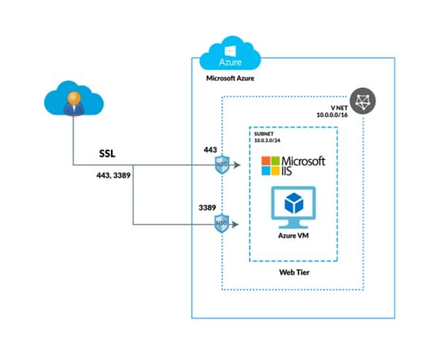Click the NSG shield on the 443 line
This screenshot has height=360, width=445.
(x=223, y=167)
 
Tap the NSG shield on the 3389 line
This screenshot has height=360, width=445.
(x=223, y=224)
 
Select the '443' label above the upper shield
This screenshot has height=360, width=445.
(x=211, y=149)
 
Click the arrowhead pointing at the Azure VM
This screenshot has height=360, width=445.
(x=244, y=224)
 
